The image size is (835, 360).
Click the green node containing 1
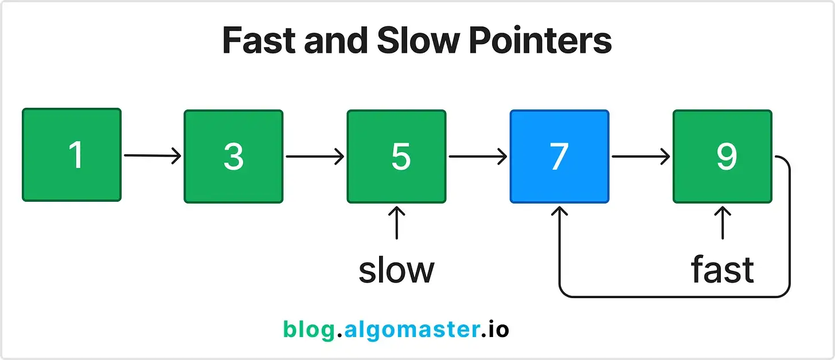(x=72, y=155)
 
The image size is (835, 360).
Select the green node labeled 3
(x=233, y=156)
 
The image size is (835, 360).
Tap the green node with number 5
(x=396, y=156)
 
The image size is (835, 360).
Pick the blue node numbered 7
(x=559, y=156)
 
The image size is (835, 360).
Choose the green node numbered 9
(x=722, y=156)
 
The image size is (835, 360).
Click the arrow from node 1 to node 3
(x=153, y=155)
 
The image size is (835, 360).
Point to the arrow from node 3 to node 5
(x=315, y=155)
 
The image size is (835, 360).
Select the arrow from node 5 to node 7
(x=478, y=155)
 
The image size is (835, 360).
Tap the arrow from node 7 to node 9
(x=641, y=155)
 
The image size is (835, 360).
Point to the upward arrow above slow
(x=396, y=223)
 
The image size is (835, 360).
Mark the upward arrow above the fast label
(x=722, y=223)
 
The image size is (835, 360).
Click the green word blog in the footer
(x=309, y=330)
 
